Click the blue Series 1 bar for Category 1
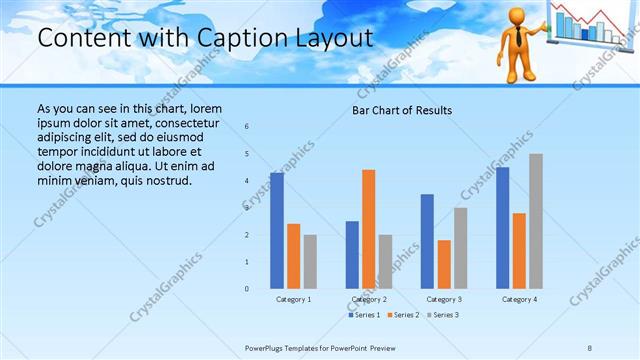[x=277, y=231]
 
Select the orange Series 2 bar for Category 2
[x=368, y=229]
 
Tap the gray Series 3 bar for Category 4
[x=536, y=221]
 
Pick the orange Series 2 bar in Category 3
[x=444, y=264]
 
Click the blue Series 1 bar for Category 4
[x=503, y=228]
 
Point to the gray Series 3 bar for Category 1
[x=310, y=262]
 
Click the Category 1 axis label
[x=293, y=299]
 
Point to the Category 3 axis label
[x=443, y=299]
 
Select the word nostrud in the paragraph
[x=164, y=180]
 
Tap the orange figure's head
[x=518, y=17]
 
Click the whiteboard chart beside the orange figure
[x=589, y=24]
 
